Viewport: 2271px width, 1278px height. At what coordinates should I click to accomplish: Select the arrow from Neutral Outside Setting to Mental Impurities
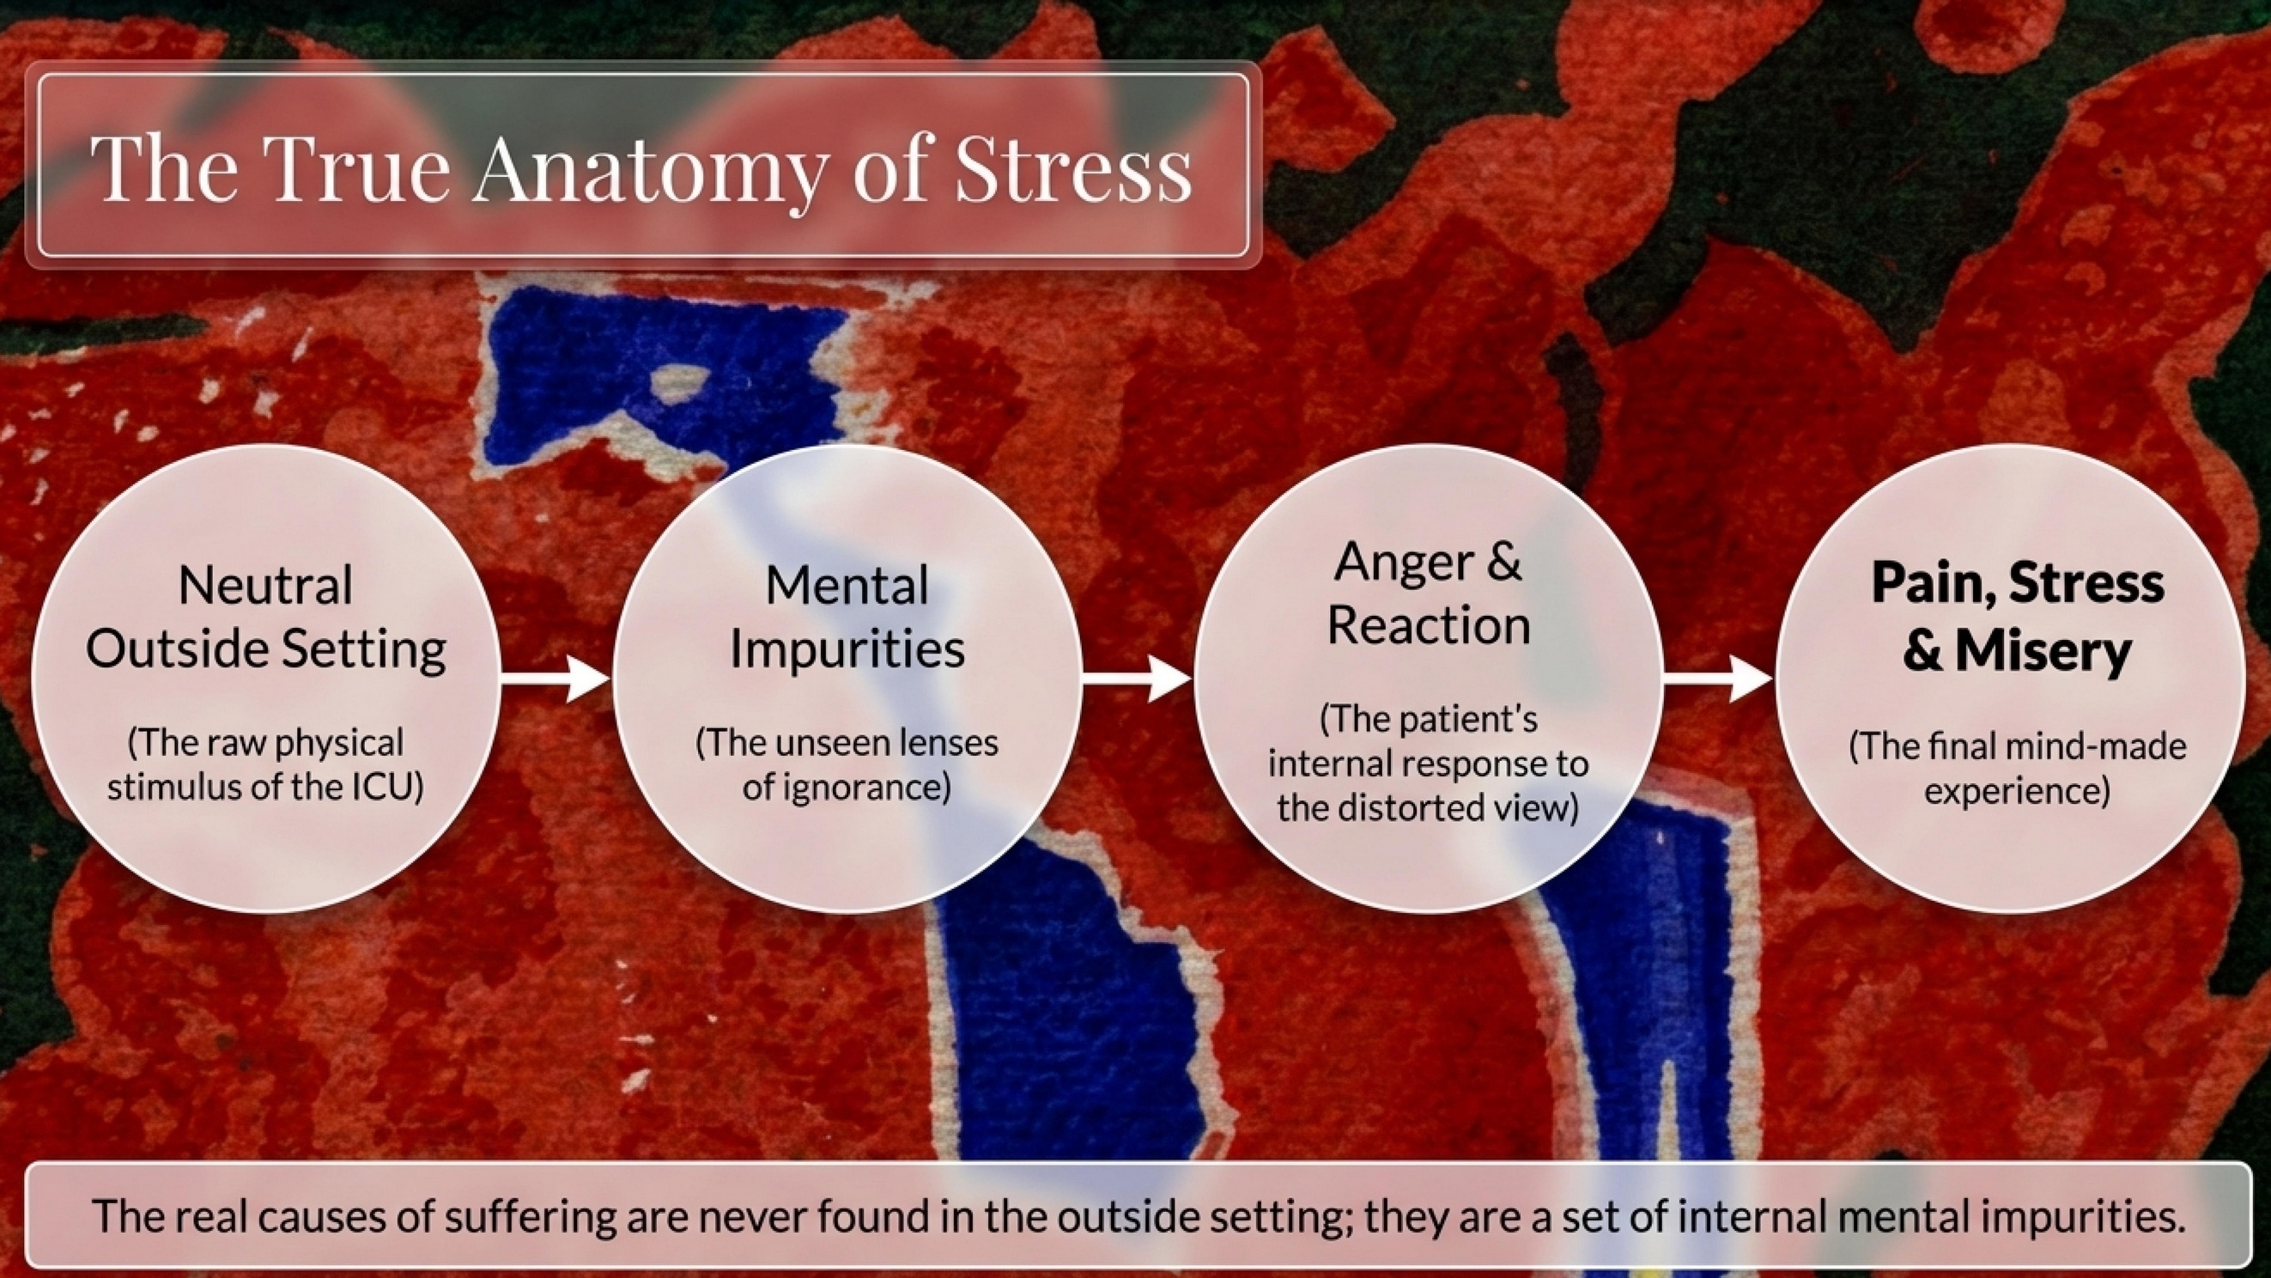(x=556, y=679)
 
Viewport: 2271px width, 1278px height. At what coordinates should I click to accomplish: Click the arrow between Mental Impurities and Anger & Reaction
(x=1138, y=679)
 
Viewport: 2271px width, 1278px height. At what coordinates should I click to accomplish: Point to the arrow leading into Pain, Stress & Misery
(x=1718, y=679)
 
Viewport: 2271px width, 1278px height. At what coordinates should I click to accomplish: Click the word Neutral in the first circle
(x=265, y=586)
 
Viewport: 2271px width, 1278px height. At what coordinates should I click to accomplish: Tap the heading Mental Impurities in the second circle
(x=847, y=618)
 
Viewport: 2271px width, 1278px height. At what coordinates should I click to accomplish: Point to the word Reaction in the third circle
(x=1428, y=624)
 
